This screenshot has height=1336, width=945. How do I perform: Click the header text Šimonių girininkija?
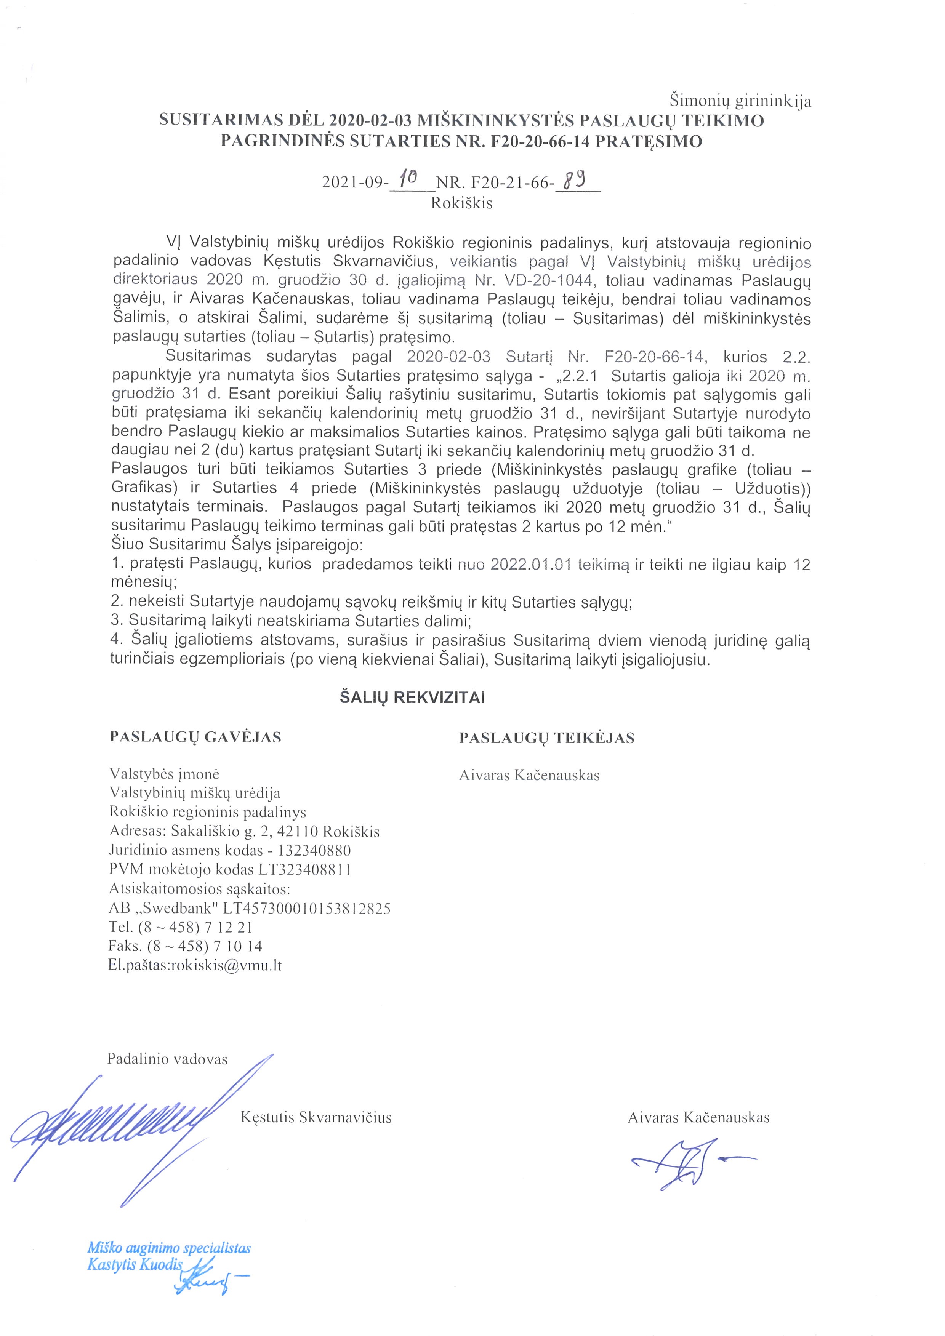[740, 101]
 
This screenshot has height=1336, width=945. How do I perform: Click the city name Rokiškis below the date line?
[461, 203]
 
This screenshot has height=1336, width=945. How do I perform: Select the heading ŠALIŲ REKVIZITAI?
[412, 698]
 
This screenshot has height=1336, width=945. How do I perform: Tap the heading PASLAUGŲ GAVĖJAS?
[195, 737]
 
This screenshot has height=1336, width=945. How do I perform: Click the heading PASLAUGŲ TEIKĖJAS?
[546, 738]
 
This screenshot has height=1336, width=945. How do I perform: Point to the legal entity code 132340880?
[314, 850]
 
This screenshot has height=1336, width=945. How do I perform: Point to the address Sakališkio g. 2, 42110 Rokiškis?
[275, 831]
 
